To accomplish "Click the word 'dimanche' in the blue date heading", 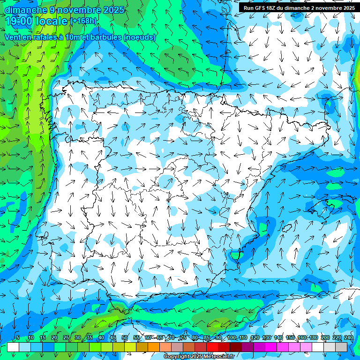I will [x=25, y=9].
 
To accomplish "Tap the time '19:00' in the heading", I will [x=19, y=21].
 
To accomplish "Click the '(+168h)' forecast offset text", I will [x=83, y=21].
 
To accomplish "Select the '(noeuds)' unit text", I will [x=140, y=37].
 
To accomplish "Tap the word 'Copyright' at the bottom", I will [x=177, y=357].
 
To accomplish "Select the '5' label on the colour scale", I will [x=18, y=338].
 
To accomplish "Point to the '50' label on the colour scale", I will [x=125, y=338].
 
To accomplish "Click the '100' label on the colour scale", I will [x=232, y=338].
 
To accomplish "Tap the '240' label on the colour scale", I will [x=348, y=338].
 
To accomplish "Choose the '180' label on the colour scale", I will [x=313, y=338].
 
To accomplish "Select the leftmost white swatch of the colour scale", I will [x=13, y=347].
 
